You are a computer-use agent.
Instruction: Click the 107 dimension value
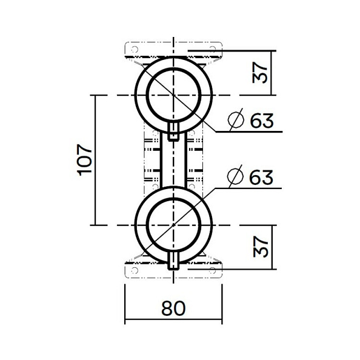click(85, 159)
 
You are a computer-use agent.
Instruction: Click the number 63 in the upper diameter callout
click(262, 121)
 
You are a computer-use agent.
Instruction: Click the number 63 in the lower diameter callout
click(262, 178)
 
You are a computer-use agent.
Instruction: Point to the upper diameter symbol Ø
click(236, 121)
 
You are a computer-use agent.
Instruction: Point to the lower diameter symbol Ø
click(236, 178)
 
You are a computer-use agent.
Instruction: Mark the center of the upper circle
click(173, 95)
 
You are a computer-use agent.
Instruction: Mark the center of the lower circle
click(173, 225)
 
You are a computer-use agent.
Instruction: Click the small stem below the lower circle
click(173, 261)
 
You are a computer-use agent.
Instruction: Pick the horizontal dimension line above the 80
click(173, 322)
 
